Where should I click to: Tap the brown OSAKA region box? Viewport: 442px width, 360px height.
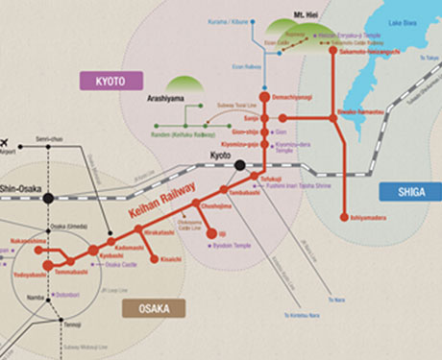(154, 308)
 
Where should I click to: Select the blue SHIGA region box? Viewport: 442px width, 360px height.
(408, 191)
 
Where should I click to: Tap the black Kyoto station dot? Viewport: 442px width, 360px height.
(239, 165)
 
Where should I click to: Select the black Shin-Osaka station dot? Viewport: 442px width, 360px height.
(48, 198)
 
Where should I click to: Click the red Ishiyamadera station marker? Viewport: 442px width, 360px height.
(344, 216)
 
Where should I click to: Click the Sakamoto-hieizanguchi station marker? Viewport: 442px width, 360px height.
(333, 51)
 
